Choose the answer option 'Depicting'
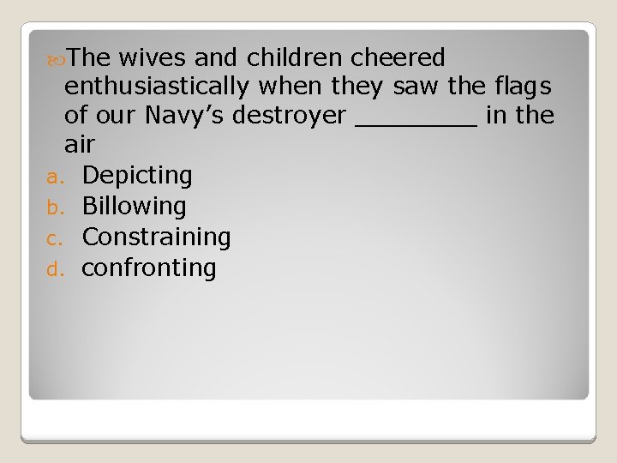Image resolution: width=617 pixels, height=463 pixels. pyautogui.click(x=137, y=176)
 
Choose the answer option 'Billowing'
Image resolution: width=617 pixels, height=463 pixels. pyautogui.click(x=134, y=206)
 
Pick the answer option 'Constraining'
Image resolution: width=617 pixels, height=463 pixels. pyautogui.click(x=156, y=237)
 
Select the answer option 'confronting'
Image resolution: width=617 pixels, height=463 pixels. pyautogui.click(x=149, y=268)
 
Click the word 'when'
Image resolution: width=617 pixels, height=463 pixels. pyautogui.click(x=283, y=87)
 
